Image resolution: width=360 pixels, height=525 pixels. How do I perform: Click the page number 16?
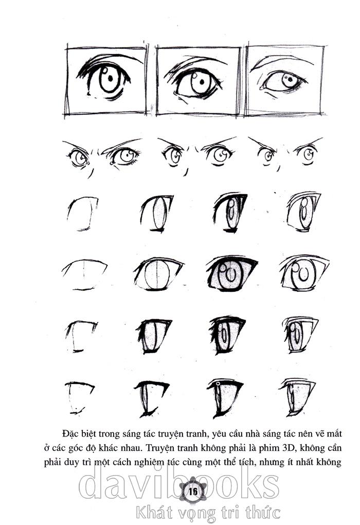point(193,492)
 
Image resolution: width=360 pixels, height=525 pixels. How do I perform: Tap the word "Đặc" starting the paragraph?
point(70,433)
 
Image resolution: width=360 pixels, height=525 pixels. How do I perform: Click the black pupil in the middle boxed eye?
point(202,82)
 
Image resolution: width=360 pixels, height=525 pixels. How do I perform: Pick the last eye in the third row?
point(303,212)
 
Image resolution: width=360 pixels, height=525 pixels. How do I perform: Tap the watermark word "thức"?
point(263,513)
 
